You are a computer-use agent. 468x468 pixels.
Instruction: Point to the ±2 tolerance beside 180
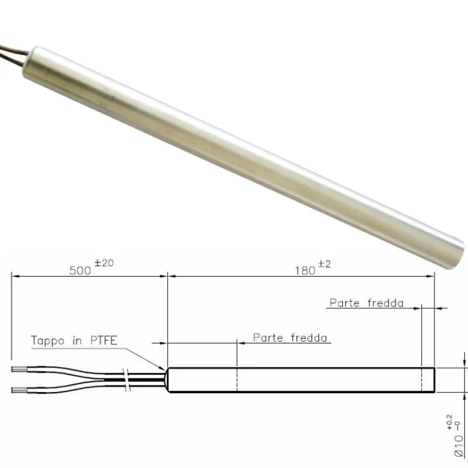pos(325,264)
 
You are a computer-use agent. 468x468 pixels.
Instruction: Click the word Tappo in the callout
pos(47,340)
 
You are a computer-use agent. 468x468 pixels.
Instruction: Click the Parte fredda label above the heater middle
pos(291,338)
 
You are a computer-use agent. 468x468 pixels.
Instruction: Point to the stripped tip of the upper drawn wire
pos(18,369)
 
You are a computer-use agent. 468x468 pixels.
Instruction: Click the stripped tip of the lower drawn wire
pos(18,390)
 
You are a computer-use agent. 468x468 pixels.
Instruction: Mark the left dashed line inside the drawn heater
pos(236,380)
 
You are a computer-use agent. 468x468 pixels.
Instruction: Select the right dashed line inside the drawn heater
pos(421,380)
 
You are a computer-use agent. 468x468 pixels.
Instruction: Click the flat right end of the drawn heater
pos(434,380)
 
